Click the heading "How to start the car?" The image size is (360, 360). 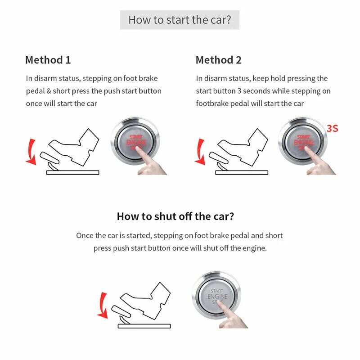[x=180, y=20]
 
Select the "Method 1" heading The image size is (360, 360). [x=48, y=60]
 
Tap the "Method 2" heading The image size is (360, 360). [x=218, y=60]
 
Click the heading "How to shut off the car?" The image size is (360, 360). [x=175, y=216]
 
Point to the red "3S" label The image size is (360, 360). [x=332, y=128]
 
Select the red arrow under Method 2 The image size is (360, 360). [x=199, y=151]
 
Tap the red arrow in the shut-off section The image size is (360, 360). [x=103, y=305]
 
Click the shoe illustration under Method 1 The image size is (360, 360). [x=72, y=146]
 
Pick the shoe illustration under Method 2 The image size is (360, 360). [x=241, y=146]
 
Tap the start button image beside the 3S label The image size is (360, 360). [x=303, y=141]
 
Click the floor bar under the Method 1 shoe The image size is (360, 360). [x=72, y=172]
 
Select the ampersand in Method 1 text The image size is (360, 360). [x=48, y=91]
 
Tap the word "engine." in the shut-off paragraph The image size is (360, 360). [x=255, y=248]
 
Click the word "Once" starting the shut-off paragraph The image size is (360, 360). [x=84, y=235]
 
